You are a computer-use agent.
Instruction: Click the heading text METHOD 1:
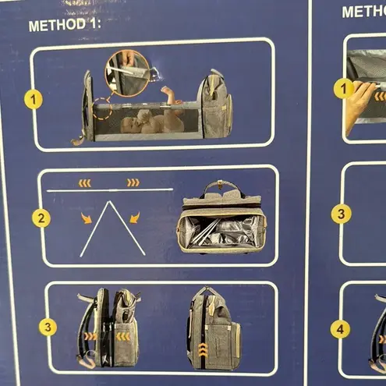(65, 25)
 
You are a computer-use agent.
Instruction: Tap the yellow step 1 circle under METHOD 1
(34, 100)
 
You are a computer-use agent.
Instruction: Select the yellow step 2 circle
(41, 218)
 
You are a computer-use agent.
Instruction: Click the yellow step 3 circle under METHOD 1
(48, 327)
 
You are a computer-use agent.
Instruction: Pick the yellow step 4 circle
(340, 329)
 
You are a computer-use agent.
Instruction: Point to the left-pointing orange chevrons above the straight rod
(84, 183)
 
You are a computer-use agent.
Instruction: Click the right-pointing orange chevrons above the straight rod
(133, 182)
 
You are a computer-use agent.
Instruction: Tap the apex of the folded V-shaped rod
(109, 202)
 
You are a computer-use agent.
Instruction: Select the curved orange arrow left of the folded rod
(86, 218)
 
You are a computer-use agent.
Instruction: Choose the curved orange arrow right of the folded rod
(135, 218)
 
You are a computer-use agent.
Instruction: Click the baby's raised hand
(165, 90)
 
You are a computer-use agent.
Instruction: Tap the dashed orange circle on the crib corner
(103, 109)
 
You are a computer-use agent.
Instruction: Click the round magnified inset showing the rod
(127, 73)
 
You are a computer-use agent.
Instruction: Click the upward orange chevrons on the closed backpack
(204, 349)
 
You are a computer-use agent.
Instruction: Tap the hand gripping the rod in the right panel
(360, 104)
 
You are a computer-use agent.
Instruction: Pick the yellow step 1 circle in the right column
(344, 89)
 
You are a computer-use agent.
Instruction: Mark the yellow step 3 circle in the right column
(341, 214)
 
